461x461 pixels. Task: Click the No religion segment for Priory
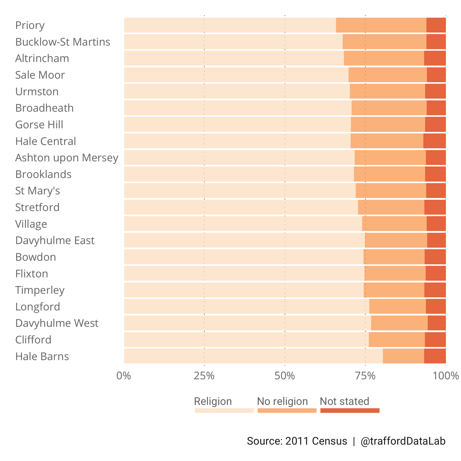point(381,25)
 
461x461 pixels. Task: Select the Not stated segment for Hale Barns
point(435,356)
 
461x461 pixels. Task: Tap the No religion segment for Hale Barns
point(403,356)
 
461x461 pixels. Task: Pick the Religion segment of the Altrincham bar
point(234,58)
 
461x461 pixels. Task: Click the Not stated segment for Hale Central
point(434,141)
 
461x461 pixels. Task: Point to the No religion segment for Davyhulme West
point(399,323)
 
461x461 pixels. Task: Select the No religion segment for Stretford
point(391,207)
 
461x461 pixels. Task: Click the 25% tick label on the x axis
point(204,376)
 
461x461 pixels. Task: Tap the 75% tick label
point(365,376)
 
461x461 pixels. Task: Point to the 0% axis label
point(124,376)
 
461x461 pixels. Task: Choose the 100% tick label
point(446,376)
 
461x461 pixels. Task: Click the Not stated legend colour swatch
point(350,411)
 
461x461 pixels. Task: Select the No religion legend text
point(282,401)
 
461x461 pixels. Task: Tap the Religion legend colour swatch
point(224,411)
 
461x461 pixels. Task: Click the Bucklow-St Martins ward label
point(63,42)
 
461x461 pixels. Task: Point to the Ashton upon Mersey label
point(67,158)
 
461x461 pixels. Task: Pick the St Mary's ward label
point(38,191)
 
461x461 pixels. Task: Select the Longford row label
point(38,307)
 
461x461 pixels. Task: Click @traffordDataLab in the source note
point(403,441)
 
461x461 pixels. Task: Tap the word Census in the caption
point(329,441)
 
